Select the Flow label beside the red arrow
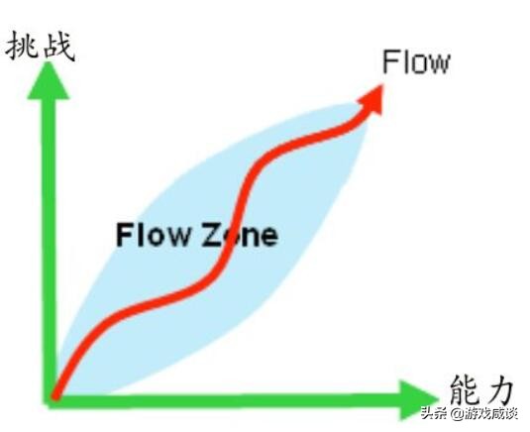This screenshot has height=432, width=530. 416,62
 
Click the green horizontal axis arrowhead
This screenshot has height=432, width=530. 416,399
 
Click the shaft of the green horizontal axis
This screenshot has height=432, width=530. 228,400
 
